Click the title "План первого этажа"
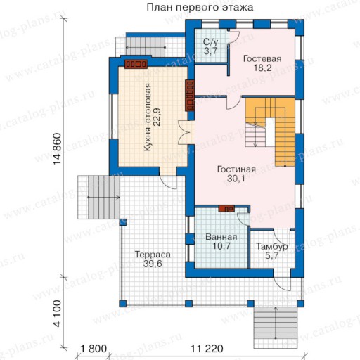[200, 7]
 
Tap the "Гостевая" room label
[262, 58]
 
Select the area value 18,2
[262, 68]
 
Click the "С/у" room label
[211, 42]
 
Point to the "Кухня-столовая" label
[148, 117]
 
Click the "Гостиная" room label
[236, 169]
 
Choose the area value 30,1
[236, 179]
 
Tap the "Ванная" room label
[221, 237]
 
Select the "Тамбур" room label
[272, 246]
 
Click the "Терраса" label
[153, 255]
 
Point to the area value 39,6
[153, 264]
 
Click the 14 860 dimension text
[57, 149]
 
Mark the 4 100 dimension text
[57, 314]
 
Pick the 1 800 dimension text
[94, 349]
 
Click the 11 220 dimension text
[207, 349]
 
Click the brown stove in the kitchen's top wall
[136, 64]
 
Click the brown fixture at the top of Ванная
[226, 208]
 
